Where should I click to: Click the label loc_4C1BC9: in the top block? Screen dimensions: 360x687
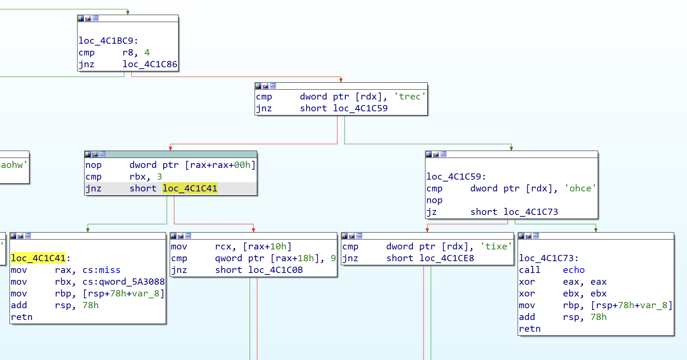tap(108, 41)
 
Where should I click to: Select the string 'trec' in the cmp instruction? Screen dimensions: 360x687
tap(410, 97)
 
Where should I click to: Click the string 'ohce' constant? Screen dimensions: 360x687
tap(580, 188)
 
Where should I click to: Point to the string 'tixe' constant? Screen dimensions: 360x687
tap(496, 246)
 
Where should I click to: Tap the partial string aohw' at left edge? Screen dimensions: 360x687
tap(14, 165)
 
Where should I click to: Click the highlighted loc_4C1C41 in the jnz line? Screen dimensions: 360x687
tap(190, 188)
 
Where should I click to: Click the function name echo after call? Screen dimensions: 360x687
tap(573, 270)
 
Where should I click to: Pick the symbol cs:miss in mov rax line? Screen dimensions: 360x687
tap(101, 270)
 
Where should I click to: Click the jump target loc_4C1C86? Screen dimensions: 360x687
tap(150, 64)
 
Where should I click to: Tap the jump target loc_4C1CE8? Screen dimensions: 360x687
tap(446, 258)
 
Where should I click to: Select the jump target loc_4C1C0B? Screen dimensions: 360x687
tap(275, 270)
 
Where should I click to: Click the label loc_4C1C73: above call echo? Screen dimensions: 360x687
tap(548, 258)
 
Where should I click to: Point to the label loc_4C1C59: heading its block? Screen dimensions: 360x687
tap(456, 177)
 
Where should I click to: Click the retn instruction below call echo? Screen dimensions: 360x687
tap(529, 329)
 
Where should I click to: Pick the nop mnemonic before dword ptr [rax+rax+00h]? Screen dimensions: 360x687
tap(93, 165)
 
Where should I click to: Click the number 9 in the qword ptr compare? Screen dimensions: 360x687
tap(333, 258)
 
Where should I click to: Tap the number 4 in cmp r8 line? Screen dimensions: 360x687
tap(147, 53)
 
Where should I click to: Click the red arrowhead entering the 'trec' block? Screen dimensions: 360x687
tap(341, 80)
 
